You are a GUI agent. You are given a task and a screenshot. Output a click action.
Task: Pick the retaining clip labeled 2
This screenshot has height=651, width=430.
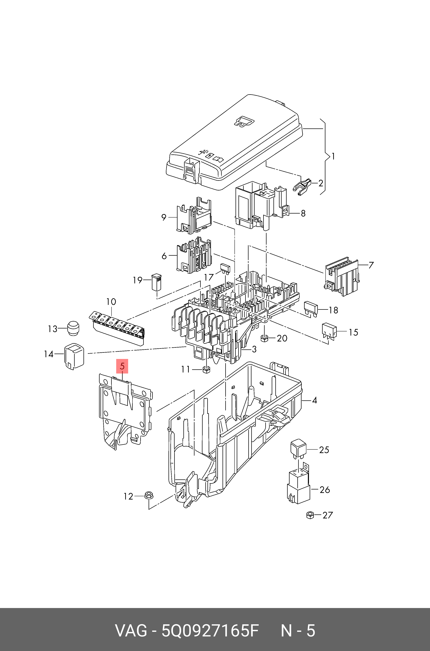point(302,187)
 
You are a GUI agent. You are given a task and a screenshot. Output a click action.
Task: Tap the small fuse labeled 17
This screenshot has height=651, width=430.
point(225,269)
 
